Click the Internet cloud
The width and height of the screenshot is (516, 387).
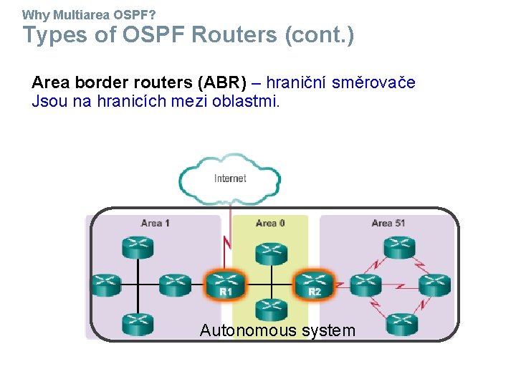coord(230,178)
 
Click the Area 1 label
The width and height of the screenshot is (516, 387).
coord(156,223)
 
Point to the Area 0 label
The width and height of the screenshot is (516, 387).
coord(270,223)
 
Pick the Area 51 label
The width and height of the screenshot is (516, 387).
coord(388,223)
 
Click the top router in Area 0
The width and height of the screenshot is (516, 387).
coord(271,252)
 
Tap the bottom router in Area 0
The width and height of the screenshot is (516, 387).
coord(271,310)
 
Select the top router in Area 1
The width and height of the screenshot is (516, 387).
coord(137,248)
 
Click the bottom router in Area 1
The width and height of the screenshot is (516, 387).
coord(137,323)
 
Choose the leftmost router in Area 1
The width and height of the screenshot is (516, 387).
coord(105,285)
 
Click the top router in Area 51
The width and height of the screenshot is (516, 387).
coord(400,248)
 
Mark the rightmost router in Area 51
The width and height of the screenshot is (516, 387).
coord(434,285)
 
